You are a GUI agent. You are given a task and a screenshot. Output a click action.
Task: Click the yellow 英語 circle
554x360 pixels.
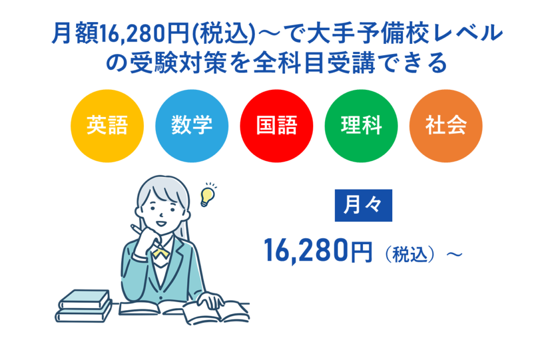click(x=107, y=126)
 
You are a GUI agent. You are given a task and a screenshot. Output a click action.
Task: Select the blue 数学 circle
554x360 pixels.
click(x=192, y=126)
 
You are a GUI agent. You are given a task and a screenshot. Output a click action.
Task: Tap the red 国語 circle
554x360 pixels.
click(x=276, y=126)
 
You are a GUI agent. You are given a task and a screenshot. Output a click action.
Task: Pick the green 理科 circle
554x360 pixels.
click(x=361, y=126)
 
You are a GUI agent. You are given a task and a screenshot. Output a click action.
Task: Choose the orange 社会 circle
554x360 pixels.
click(x=446, y=126)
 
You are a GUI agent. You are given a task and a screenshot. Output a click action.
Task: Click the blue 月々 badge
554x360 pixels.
click(x=363, y=205)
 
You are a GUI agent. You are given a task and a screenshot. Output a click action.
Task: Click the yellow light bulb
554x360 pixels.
click(x=207, y=196)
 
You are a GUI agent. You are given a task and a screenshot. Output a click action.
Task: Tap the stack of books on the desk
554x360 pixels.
click(x=84, y=305)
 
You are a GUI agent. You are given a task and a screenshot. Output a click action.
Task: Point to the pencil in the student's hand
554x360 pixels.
click(x=136, y=229)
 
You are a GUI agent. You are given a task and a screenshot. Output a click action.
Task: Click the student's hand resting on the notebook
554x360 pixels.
click(x=210, y=299)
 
